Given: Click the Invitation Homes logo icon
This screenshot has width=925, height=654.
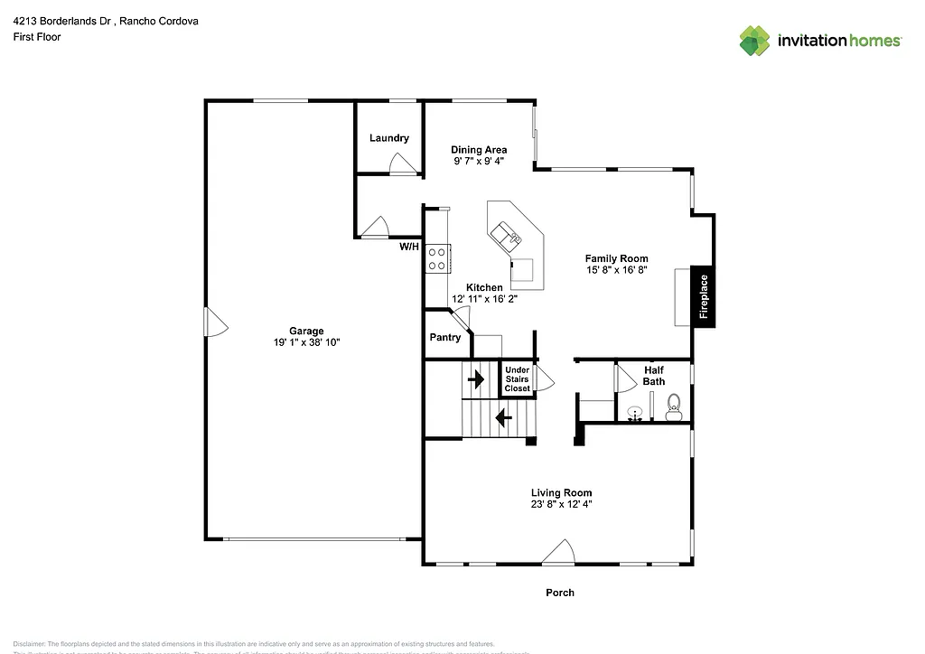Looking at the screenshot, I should tap(755, 41).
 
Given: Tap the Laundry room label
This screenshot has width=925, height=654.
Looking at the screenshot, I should tap(389, 138).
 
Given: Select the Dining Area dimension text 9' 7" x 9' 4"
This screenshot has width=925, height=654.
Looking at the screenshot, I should tap(479, 161).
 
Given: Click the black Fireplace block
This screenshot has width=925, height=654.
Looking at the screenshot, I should tap(704, 296).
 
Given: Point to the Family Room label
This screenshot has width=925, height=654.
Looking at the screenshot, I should tap(617, 258).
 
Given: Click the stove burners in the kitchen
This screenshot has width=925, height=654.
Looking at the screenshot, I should tap(438, 258).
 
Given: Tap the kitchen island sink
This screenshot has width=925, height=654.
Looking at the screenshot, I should tap(506, 237).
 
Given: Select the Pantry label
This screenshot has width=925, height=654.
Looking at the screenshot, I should tap(445, 337).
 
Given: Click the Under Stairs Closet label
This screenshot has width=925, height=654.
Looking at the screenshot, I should tap(517, 379).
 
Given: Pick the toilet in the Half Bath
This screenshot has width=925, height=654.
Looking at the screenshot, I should tap(673, 407).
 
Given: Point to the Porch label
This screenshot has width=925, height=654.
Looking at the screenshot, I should tap(560, 593).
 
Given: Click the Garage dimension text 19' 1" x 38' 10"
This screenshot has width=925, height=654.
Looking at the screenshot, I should tap(306, 342).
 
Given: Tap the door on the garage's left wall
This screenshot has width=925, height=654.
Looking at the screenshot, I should tap(214, 322).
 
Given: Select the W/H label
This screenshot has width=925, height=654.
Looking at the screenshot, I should tap(409, 247).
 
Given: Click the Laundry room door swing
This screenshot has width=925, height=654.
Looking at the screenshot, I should tap(401, 163).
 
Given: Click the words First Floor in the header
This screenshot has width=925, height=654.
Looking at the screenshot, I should tap(37, 37).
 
